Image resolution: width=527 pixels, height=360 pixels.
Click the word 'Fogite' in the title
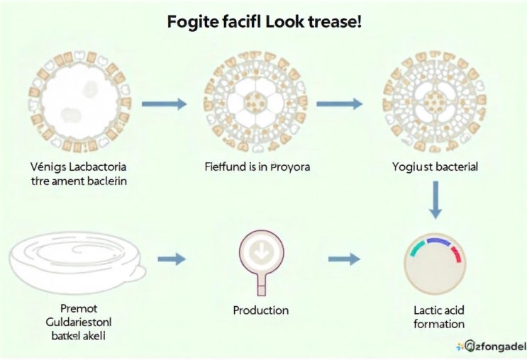(191, 22)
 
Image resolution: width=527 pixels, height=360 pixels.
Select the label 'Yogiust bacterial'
(435, 167)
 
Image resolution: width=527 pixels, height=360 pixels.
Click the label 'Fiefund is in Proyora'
(257, 168)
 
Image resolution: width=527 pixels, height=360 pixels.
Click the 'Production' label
(261, 310)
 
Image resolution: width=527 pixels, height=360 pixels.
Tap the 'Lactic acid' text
(439, 310)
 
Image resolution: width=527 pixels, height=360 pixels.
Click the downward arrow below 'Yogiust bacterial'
(436, 201)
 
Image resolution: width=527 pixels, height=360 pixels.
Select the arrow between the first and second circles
(164, 104)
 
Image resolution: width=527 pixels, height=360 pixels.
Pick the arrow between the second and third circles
(338, 104)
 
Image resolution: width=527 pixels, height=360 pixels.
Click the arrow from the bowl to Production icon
(171, 259)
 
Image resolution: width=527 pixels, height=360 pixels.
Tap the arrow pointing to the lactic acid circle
(344, 259)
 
